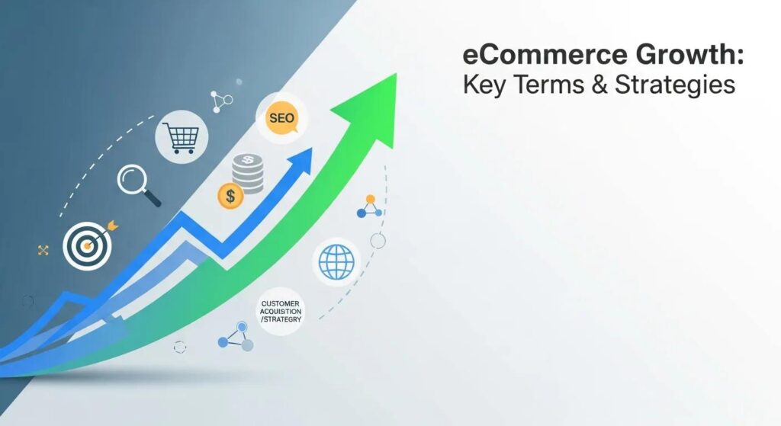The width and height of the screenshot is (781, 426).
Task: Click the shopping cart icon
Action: tap(182, 137)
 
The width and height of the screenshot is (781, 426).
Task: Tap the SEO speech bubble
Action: tap(281, 119)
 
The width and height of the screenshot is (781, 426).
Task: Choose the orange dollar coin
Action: tap(230, 197)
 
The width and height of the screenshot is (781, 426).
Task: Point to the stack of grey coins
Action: tap(249, 172)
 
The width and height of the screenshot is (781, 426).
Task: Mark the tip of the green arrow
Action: tap(396, 75)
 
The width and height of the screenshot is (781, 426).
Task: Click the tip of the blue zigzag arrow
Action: tap(311, 149)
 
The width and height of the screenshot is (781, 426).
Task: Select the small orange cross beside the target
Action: tap(43, 250)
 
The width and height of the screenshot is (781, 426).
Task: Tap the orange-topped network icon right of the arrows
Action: tap(370, 206)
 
